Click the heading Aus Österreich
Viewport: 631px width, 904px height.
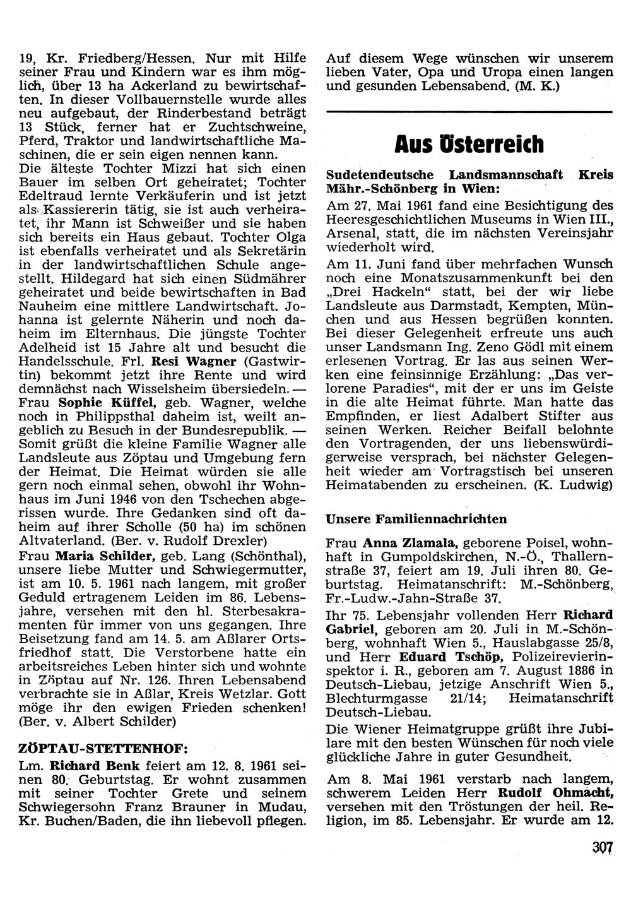pyautogui.click(x=469, y=145)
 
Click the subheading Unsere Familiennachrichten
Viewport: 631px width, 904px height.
pyautogui.click(x=416, y=519)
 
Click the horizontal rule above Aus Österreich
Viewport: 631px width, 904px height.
pyautogui.click(x=469, y=112)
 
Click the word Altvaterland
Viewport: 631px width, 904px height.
pyautogui.click(x=62, y=541)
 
